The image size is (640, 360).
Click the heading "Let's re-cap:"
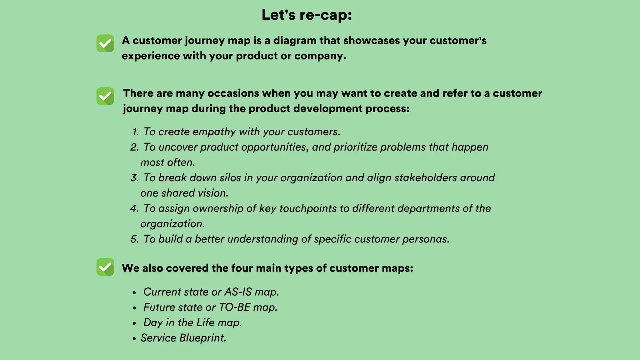(307, 15)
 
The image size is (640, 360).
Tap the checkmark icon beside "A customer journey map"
(105, 43)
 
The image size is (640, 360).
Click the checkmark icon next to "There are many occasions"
(105, 96)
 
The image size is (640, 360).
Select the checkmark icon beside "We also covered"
(105, 267)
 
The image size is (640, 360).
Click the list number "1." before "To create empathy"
(135, 132)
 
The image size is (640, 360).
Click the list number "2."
(135, 147)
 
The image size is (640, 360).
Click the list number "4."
(135, 208)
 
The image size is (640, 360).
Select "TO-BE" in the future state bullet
(234, 307)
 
